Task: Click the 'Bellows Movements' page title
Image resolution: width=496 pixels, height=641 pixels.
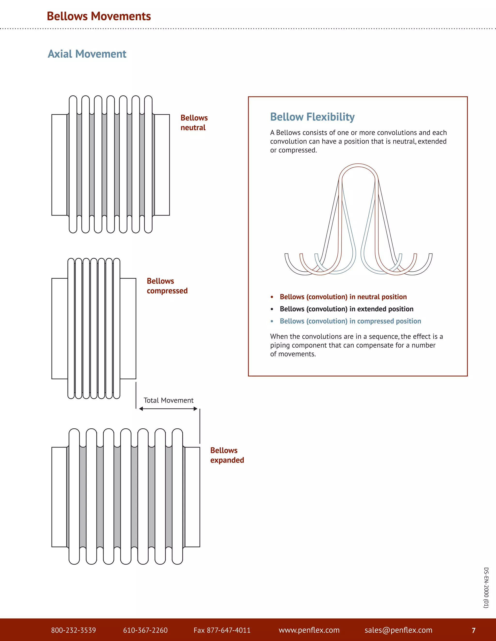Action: [99, 16]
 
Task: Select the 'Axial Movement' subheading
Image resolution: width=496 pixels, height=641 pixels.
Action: [87, 54]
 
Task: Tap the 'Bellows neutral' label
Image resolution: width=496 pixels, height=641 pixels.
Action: [194, 123]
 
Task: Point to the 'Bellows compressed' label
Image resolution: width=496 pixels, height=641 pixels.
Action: [167, 286]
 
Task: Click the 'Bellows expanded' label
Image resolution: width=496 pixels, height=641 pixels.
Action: [227, 455]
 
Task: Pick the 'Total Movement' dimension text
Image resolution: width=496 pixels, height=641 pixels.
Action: [168, 400]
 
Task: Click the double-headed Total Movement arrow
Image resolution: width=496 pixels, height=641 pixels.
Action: [168, 409]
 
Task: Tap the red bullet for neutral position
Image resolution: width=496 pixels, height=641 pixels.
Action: [272, 297]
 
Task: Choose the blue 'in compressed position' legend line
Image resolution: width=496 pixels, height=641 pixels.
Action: [350, 321]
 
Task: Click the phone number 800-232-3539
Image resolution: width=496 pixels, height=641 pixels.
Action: [73, 630]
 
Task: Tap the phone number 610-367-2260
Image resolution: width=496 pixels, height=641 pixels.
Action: [145, 630]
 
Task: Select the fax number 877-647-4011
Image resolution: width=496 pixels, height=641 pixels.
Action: [222, 630]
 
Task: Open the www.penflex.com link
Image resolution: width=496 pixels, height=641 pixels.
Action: [309, 630]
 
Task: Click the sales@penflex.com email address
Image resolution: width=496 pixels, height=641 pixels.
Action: [398, 630]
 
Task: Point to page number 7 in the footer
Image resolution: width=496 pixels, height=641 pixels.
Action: [473, 630]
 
